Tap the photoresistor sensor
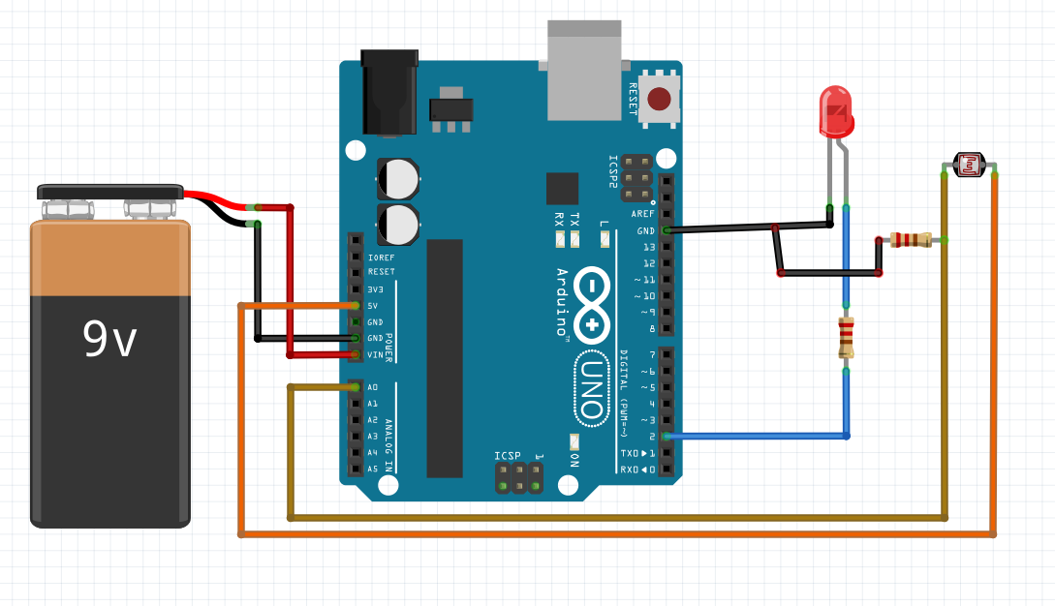pyautogui.click(x=970, y=166)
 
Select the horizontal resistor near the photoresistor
pyautogui.click(x=911, y=240)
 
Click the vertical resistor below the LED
pyautogui.click(x=847, y=339)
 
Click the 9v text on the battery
pyautogui.click(x=109, y=339)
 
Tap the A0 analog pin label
pyautogui.click(x=373, y=388)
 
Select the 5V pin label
pyautogui.click(x=373, y=306)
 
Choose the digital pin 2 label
pyautogui.click(x=652, y=437)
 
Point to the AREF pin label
pyautogui.click(x=642, y=214)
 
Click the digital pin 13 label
pyautogui.click(x=649, y=247)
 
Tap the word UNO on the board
pyautogui.click(x=590, y=387)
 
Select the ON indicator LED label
pyautogui.click(x=574, y=460)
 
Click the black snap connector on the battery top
pyautogui.click(x=110, y=192)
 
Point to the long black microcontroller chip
pyautogui.click(x=445, y=358)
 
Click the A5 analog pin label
pyautogui.click(x=373, y=470)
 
